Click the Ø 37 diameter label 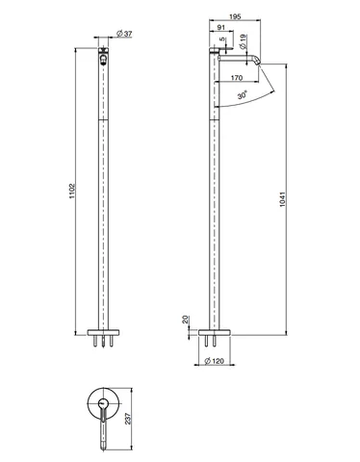point(124,34)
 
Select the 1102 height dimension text point(72,191)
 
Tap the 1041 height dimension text point(282,199)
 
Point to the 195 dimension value point(235,16)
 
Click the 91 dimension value point(221,27)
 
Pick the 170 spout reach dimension point(237,78)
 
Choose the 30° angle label point(243,95)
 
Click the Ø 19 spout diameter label point(243,41)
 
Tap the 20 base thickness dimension point(185,320)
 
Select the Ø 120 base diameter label point(214,361)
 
